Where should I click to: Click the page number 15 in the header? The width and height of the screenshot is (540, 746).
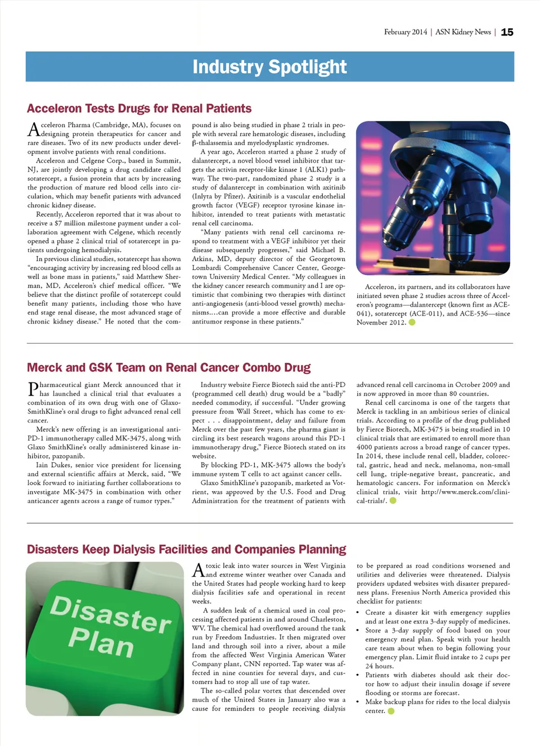tap(507, 32)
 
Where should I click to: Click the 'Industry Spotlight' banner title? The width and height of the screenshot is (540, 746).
tap(269, 67)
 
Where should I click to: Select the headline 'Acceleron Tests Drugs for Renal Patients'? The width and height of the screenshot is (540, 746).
tap(139, 109)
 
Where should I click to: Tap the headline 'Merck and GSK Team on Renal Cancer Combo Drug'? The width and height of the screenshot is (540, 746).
tap(168, 368)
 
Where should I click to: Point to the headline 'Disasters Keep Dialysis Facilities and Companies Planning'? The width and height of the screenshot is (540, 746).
tap(186, 550)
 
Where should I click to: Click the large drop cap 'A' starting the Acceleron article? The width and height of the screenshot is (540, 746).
tap(34, 129)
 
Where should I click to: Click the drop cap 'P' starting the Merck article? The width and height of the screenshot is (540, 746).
tap(33, 389)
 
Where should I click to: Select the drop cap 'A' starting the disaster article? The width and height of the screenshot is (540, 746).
tap(199, 570)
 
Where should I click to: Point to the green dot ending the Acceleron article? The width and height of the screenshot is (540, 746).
tap(412, 322)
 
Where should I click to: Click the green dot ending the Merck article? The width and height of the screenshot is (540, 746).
tap(393, 501)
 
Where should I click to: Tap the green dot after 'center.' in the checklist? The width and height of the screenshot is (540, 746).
tap(391, 711)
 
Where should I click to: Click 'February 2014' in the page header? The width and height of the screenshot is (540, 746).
tap(406, 32)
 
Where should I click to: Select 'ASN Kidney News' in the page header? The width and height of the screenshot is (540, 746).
tap(463, 32)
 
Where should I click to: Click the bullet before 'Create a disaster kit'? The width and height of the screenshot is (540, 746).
tap(359, 613)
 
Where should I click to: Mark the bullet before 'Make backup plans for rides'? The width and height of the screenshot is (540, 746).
tap(359, 702)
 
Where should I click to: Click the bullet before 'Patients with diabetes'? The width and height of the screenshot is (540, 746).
tap(359, 675)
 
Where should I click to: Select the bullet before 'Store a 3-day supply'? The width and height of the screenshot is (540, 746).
tap(359, 631)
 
